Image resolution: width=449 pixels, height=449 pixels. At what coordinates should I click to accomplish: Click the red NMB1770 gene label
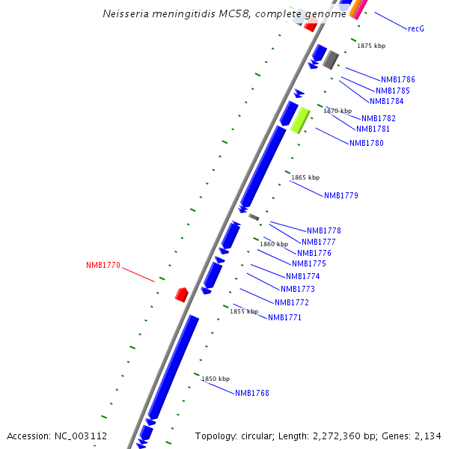pyautogui.click(x=103, y=265)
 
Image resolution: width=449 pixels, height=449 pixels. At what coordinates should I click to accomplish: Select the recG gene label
pyautogui.click(x=416, y=28)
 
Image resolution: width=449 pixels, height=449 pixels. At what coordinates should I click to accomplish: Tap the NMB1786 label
pyautogui.click(x=397, y=79)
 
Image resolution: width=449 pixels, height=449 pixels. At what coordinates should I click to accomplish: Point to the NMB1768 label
pyautogui.click(x=251, y=393)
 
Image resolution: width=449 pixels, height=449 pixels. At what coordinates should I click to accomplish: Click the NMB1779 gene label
pyautogui.click(x=340, y=195)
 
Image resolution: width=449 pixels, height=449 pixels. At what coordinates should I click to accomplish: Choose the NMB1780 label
pyautogui.click(x=366, y=143)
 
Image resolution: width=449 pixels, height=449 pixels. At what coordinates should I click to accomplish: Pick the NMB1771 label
pyautogui.click(x=284, y=317)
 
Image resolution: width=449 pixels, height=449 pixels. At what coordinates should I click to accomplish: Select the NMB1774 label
pyautogui.click(x=302, y=276)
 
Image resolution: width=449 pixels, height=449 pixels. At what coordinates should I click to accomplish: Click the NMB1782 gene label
pyautogui.click(x=378, y=118)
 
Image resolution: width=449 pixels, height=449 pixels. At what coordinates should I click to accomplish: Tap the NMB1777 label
pyautogui.click(x=318, y=242)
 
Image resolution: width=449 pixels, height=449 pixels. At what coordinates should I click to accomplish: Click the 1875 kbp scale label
pyautogui.click(x=370, y=46)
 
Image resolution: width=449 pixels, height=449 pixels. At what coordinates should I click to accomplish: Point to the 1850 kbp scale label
pyautogui.click(x=215, y=379)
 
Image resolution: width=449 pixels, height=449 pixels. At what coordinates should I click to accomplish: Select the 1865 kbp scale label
pyautogui.click(x=305, y=177)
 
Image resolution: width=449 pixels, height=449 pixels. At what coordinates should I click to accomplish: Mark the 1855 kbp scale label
pyautogui.click(x=243, y=311)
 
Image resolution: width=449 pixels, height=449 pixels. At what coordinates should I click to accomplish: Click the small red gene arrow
pyautogui.click(x=181, y=294)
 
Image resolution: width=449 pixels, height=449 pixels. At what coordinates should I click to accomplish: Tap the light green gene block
pyautogui.click(x=300, y=119)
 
